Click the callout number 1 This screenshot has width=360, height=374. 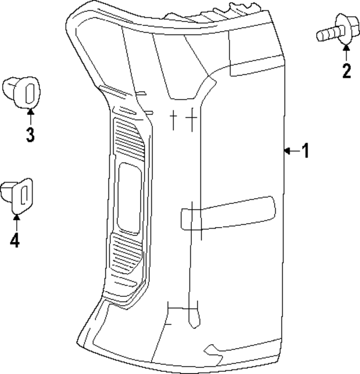point(305,150)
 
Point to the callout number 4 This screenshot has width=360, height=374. point(15,241)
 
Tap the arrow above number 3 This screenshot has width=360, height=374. point(30,115)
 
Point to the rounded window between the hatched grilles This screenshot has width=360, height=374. point(129,198)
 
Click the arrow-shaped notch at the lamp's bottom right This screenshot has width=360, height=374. point(213,350)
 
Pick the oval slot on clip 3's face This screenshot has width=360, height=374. point(31,92)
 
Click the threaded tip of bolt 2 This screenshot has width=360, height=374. point(322,37)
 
